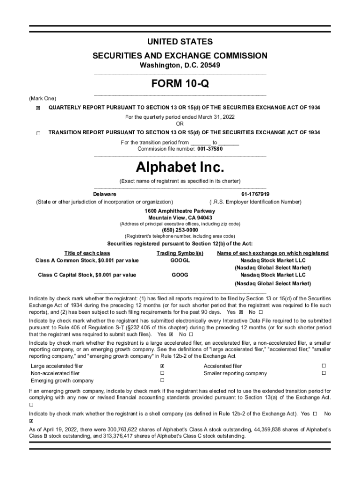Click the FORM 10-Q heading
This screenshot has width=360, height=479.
[180, 84]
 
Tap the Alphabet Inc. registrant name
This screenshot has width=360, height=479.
[180, 167]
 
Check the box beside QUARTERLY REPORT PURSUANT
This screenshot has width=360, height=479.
[38, 108]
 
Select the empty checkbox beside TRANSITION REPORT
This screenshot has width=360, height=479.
[38, 133]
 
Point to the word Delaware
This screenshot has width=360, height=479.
[105, 194]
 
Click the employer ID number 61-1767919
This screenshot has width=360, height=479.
[255, 194]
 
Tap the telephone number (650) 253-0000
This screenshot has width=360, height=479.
[180, 230]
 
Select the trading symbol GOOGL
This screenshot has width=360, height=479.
[180, 260]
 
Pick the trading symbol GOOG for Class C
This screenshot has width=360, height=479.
[180, 275]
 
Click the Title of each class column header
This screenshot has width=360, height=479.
[87, 253]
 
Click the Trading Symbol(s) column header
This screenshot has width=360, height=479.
[180, 253]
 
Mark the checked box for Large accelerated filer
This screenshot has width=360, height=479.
[162, 366]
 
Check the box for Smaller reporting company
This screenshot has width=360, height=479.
[323, 373]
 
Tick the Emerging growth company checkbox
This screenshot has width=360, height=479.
[162, 381]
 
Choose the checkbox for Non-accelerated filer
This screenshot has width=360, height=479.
[162, 373]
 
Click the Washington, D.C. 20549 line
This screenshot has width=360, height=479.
[180, 66]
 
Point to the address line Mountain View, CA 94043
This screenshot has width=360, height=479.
[180, 218]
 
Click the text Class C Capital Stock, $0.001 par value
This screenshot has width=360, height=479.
[87, 275]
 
